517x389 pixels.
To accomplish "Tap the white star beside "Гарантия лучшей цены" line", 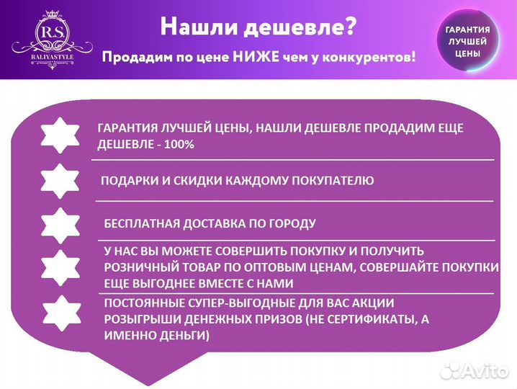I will click(60, 135).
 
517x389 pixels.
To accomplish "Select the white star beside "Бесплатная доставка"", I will click(60, 225).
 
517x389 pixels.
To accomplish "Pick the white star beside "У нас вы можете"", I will click(60, 268).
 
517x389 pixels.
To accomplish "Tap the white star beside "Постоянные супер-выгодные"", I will click(60, 313).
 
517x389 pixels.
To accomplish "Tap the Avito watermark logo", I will click(475, 370).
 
